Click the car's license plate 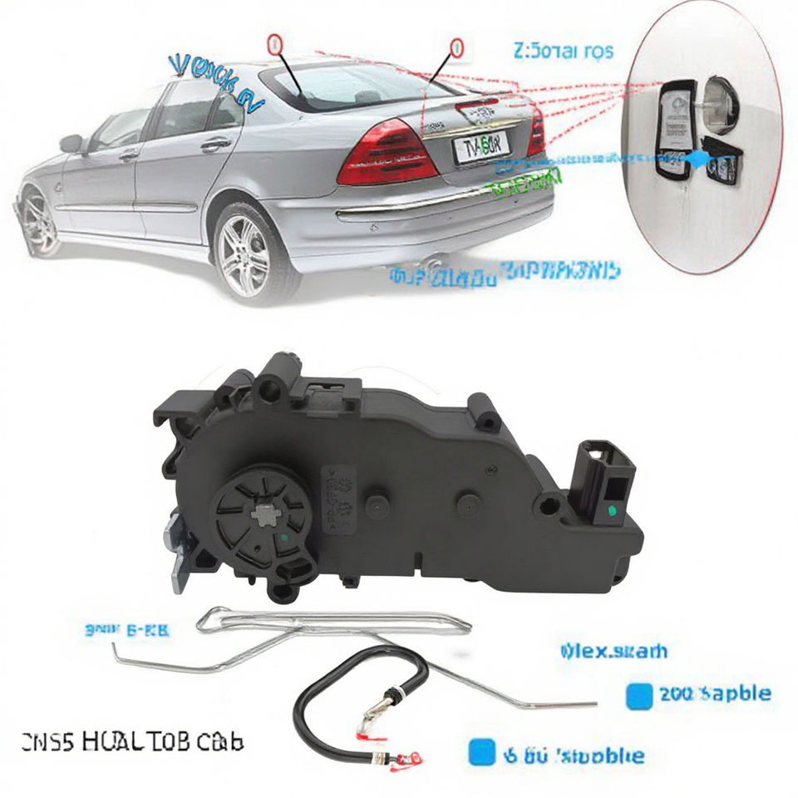click(478, 149)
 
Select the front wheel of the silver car click(39, 220)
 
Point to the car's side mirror click(71, 143)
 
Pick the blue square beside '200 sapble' click(638, 693)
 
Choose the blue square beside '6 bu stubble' click(476, 753)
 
